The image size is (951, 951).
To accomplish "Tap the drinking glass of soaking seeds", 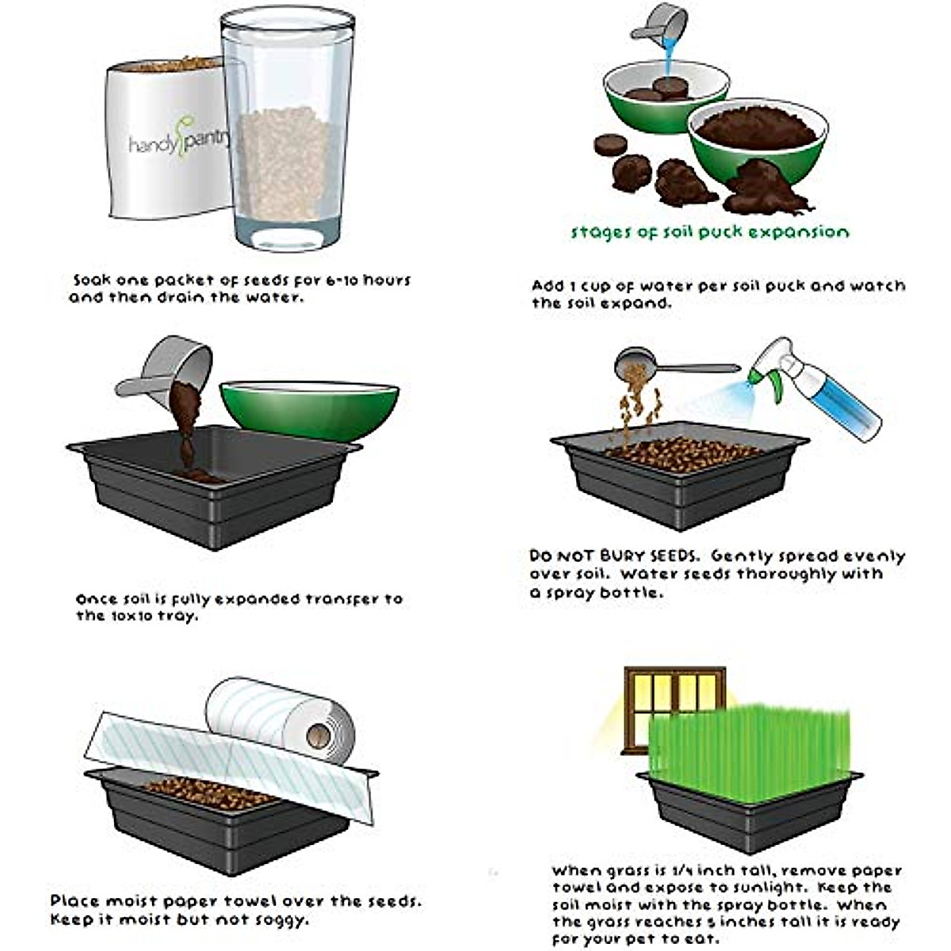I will coord(283,135).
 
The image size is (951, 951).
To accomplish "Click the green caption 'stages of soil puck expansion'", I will coord(710,232).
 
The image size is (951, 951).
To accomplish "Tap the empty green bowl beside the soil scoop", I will coord(309,408).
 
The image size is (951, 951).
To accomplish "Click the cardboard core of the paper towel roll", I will coord(319,735).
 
